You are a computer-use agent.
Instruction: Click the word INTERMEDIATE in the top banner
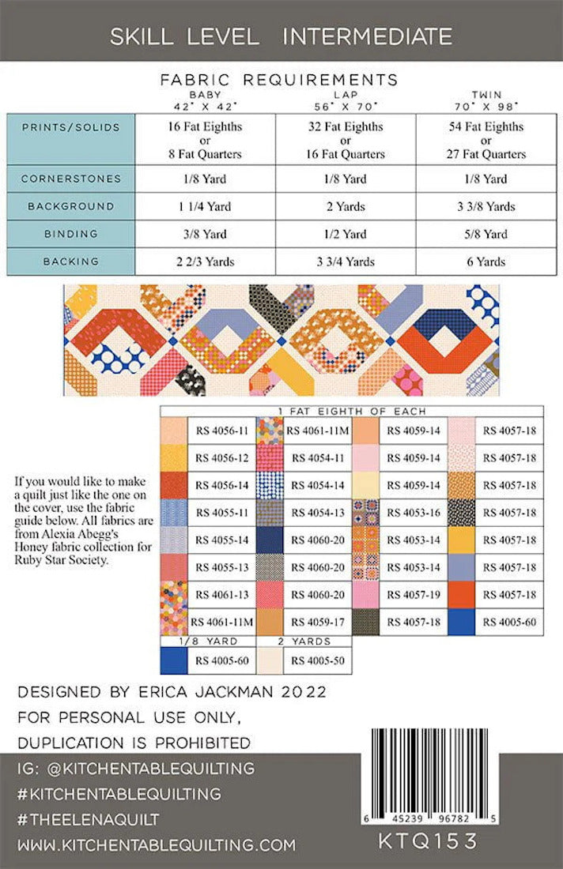pos(367,36)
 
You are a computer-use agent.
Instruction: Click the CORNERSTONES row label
pos(72,179)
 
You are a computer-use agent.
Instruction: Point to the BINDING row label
pos(72,234)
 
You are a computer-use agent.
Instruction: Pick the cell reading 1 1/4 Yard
pos(206,206)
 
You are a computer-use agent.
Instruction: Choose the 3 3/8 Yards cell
pos(486,206)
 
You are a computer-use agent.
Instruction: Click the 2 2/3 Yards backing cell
pos(206,261)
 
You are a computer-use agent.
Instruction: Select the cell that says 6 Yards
pos(486,261)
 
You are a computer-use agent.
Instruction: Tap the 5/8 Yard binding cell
pos(486,234)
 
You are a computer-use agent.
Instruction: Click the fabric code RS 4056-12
pos(221,458)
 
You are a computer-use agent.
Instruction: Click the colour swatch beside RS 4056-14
pos(174,485)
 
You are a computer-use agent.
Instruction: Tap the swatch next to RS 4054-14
pos(269,485)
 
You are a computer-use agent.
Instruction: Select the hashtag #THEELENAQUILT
pos(89,820)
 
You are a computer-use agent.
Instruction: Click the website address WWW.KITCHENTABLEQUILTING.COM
pos(156,845)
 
